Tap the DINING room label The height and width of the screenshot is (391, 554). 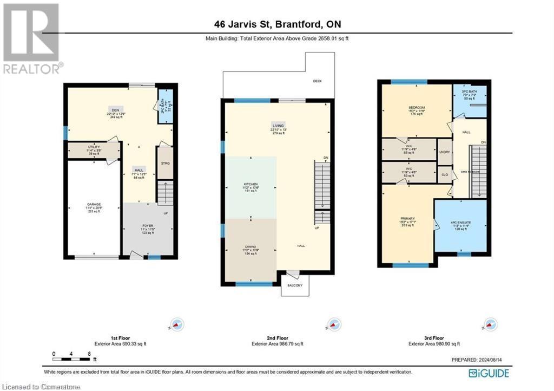(250, 246)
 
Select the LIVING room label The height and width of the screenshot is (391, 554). (278, 126)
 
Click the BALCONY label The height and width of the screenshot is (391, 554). (295, 285)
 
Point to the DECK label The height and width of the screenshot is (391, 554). (318, 81)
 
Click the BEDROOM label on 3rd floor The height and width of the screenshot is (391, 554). (417, 108)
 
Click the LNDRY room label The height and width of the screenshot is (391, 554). (445, 153)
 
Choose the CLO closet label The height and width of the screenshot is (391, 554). (445, 175)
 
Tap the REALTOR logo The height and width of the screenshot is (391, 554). (31, 38)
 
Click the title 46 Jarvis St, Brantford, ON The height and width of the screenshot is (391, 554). (276, 23)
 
